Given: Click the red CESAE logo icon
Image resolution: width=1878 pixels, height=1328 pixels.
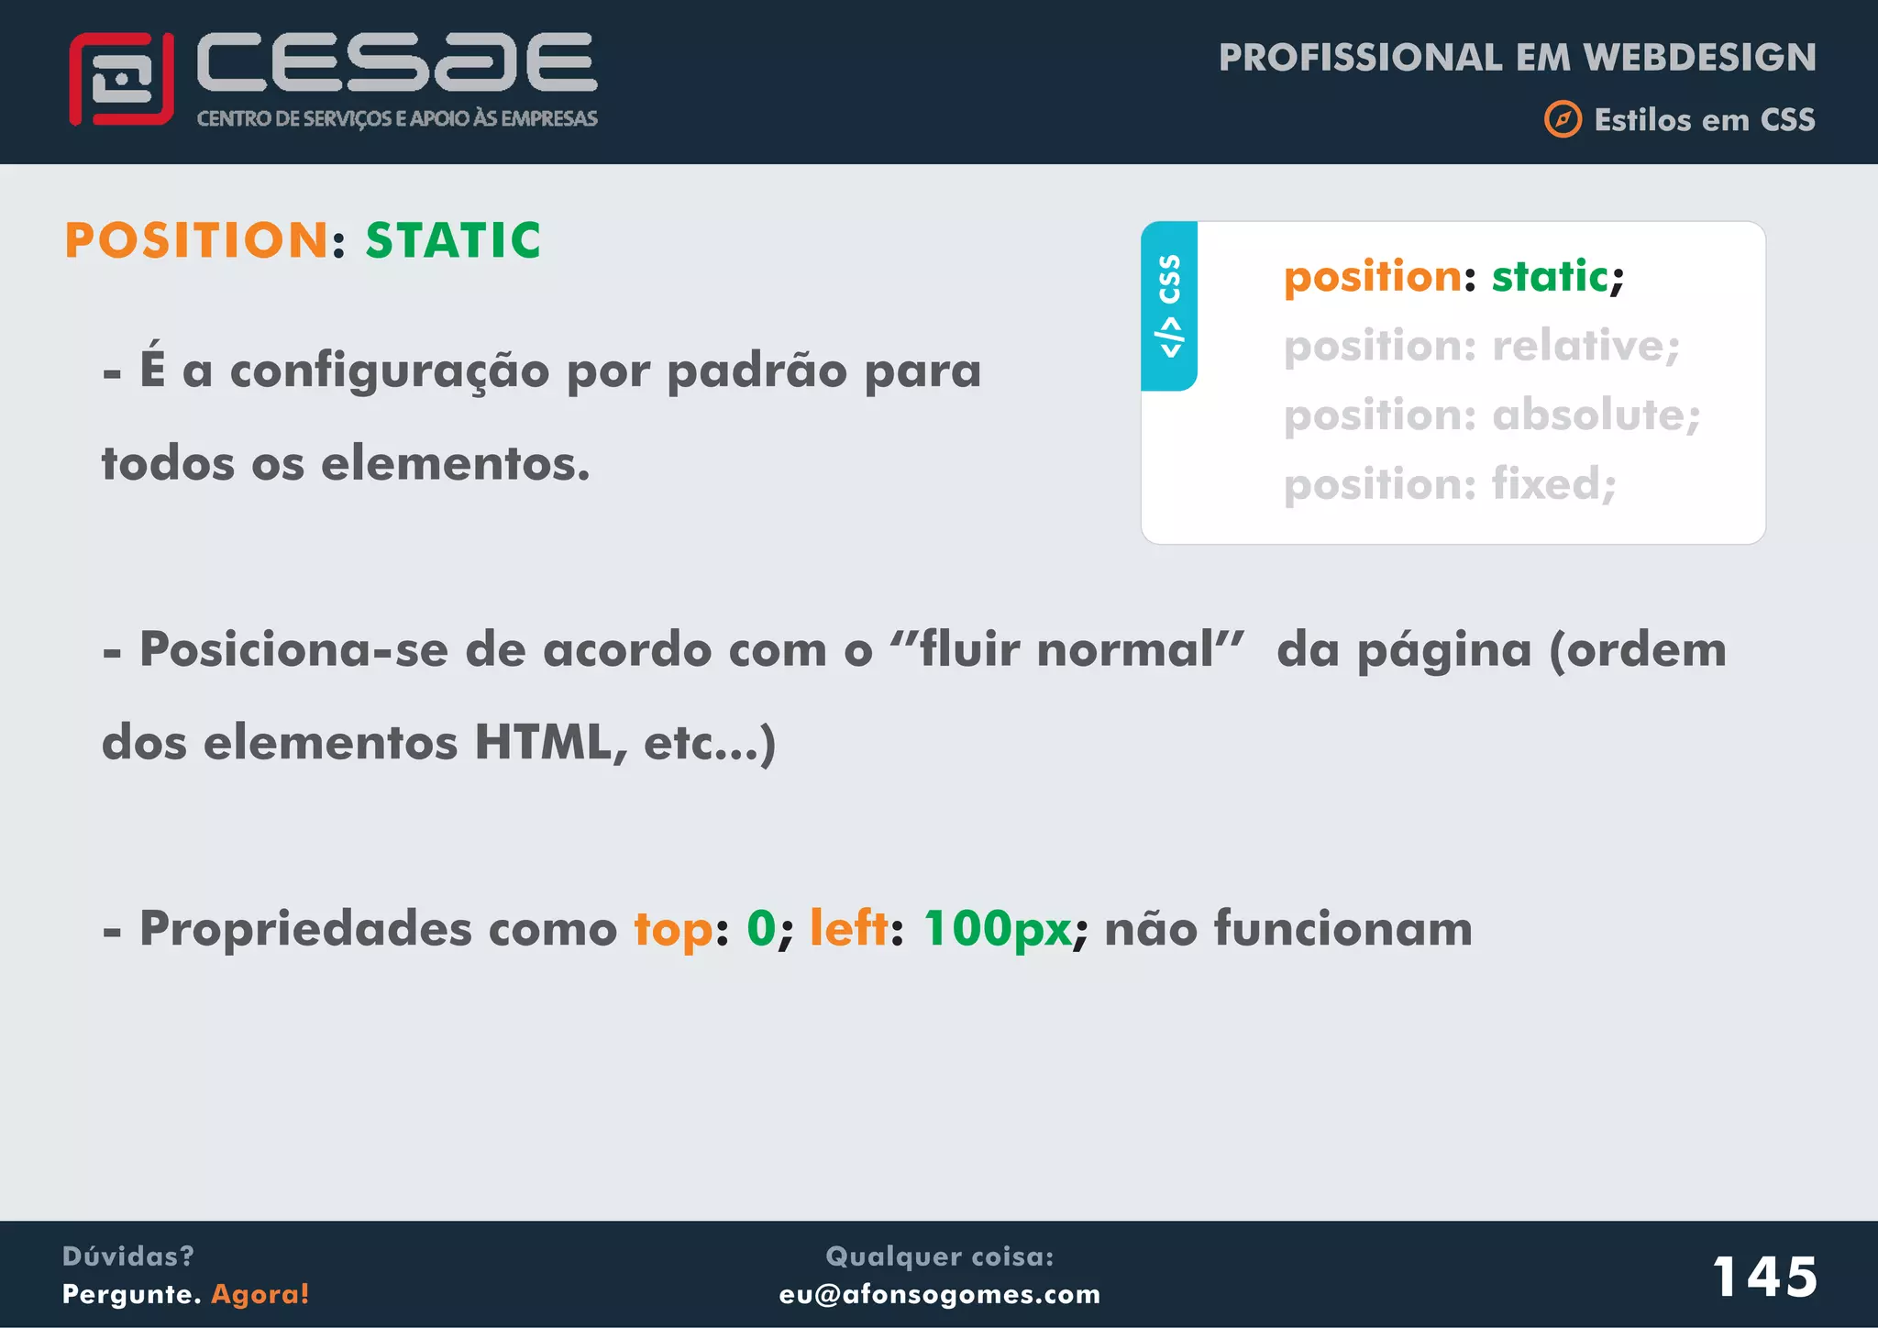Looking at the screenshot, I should [121, 79].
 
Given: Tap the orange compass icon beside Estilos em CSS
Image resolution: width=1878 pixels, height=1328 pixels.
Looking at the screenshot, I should [1563, 119].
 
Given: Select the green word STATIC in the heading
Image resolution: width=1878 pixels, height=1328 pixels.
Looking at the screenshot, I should [453, 240].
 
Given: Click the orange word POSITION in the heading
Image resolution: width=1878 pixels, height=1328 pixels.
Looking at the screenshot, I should [197, 240].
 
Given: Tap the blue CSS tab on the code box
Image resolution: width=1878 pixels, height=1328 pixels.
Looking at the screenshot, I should [1169, 305].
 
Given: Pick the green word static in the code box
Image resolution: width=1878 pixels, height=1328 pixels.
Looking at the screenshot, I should [1550, 276].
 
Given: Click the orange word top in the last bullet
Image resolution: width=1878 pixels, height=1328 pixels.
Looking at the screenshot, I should [673, 930].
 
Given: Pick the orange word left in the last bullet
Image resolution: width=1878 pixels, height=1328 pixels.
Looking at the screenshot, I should [848, 928].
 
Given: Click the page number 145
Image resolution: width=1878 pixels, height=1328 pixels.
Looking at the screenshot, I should [1764, 1276].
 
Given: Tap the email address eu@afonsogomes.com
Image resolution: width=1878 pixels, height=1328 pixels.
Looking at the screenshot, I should [939, 1294].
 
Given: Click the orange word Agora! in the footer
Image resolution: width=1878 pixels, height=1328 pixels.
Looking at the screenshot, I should [260, 1294].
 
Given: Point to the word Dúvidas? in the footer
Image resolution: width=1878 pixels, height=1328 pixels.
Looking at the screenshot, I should [128, 1256].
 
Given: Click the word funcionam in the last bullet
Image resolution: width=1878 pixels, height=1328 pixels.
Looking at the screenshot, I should [1342, 928].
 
